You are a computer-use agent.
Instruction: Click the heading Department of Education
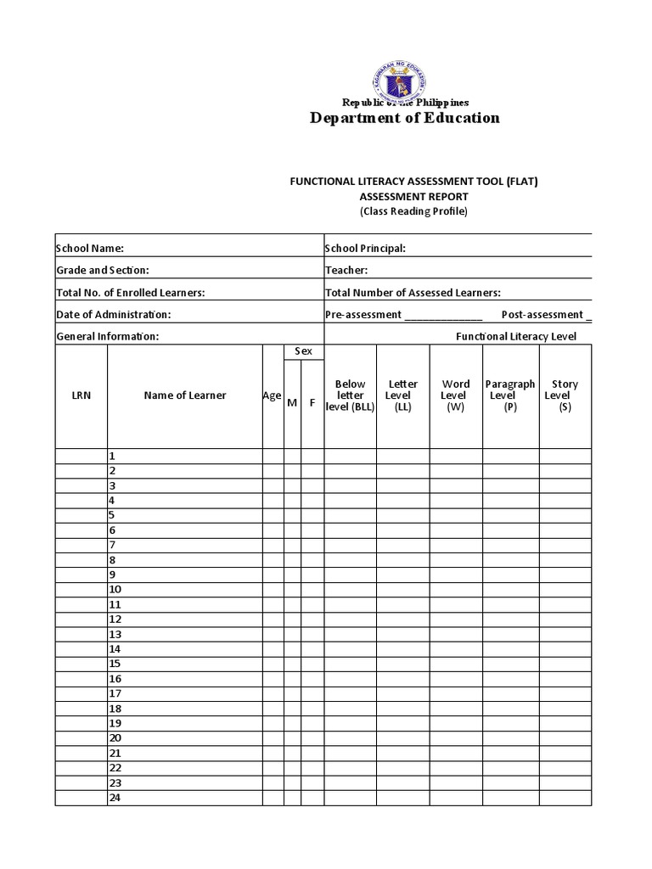tap(403, 118)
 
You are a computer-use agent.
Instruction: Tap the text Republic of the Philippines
tap(403, 103)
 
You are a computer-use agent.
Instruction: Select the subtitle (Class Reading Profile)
tap(413, 211)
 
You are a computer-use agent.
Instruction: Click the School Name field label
tap(90, 249)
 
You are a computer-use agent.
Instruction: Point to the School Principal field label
tap(365, 249)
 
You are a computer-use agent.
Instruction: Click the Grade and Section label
tap(103, 270)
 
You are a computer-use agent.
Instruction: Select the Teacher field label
tap(346, 270)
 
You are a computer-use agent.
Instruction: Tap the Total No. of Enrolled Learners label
tap(131, 293)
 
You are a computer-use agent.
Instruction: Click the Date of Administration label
tap(114, 315)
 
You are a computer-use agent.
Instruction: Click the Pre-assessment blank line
tap(443, 316)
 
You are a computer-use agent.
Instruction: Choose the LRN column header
tap(81, 395)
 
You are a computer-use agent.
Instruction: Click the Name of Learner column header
tap(185, 395)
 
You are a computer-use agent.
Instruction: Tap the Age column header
tap(272, 395)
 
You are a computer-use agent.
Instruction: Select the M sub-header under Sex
tap(292, 402)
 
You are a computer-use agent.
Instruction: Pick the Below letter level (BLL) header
tap(350, 395)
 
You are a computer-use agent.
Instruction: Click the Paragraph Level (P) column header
tap(510, 395)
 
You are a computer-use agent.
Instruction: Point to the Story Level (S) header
tap(565, 395)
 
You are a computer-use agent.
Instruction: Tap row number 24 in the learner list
tap(115, 798)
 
